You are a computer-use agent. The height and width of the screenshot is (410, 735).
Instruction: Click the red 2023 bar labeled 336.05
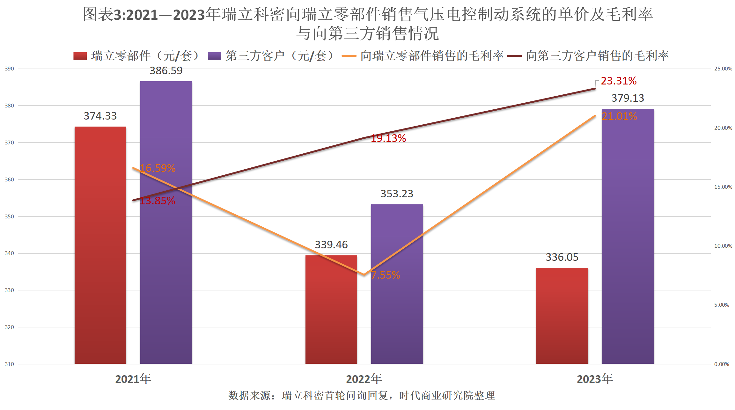click(562, 316)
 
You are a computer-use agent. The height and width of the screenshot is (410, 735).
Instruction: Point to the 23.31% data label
click(619, 81)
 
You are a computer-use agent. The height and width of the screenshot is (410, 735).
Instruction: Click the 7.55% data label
click(386, 275)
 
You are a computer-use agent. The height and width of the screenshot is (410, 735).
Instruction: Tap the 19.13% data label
click(388, 138)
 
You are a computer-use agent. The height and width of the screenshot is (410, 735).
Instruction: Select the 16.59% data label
click(158, 168)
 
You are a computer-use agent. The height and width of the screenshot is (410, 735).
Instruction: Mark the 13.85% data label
click(158, 201)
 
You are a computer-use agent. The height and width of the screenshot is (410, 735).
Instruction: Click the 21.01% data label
click(619, 116)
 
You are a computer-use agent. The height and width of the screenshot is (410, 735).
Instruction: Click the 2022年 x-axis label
click(364, 379)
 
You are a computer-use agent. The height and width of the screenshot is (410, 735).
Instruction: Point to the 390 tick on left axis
click(9, 69)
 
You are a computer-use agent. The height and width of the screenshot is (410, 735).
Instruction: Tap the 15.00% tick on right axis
click(723, 187)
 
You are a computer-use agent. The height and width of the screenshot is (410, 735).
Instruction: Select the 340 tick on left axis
click(9, 253)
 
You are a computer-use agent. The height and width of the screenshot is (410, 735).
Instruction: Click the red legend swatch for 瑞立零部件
click(80, 56)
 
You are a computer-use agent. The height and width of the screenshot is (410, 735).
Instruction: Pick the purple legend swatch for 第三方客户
click(214, 56)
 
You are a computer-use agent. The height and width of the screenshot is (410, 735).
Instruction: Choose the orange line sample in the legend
click(349, 56)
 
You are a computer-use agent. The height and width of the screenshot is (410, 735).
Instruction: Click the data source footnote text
click(362, 396)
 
